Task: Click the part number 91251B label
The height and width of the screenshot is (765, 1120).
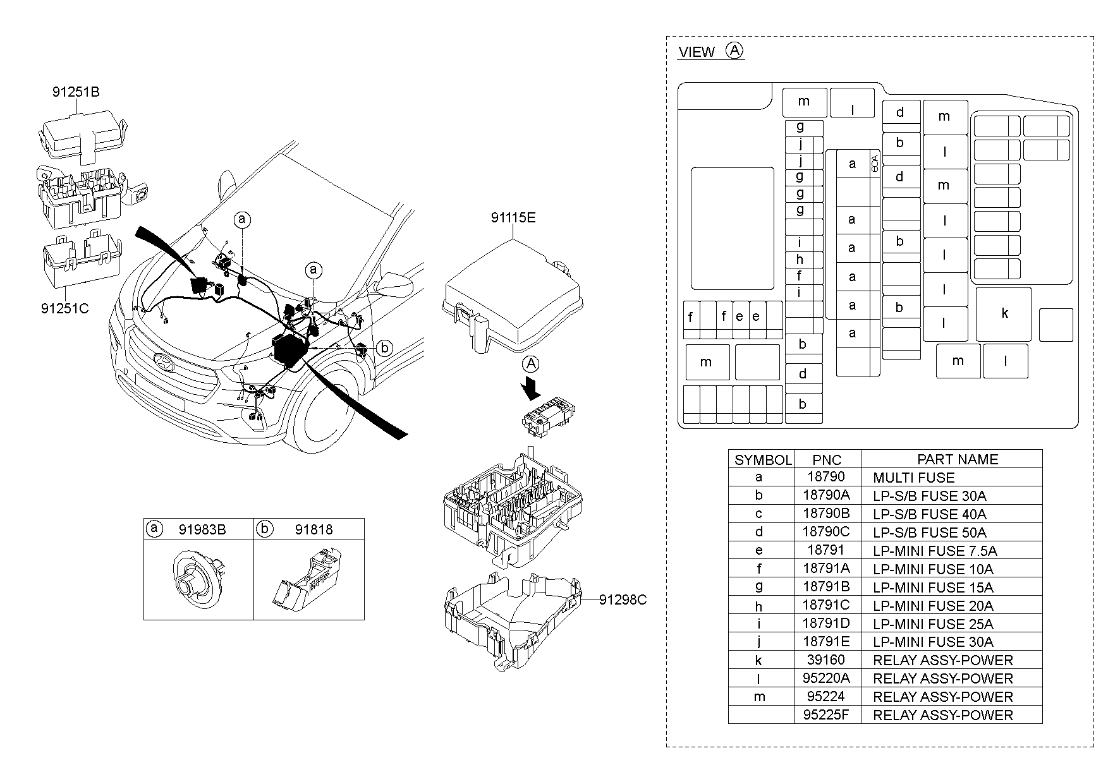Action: tap(75, 92)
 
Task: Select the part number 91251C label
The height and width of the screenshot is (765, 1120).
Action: tap(64, 309)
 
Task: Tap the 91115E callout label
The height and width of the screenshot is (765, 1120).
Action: tap(513, 218)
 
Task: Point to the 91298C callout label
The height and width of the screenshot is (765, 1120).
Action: tap(623, 599)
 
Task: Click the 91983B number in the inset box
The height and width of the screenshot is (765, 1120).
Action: tap(202, 529)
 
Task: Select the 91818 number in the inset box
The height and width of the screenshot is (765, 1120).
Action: tap(313, 529)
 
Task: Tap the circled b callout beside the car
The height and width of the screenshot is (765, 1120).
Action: tap(385, 347)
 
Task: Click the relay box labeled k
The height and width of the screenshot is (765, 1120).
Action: tap(1004, 314)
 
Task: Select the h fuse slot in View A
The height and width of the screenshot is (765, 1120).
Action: tap(800, 260)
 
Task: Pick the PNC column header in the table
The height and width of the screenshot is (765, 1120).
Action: tap(827, 460)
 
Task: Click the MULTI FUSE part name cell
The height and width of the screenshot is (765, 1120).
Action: tap(913, 478)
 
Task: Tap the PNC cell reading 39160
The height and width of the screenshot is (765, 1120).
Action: tap(826, 660)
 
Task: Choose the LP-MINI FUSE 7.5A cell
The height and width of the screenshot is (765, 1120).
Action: tap(934, 551)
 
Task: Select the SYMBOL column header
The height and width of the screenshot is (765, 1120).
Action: tap(762, 460)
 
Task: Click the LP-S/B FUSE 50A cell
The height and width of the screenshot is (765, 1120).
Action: tap(929, 533)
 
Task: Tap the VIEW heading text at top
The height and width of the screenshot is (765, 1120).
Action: tap(696, 52)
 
